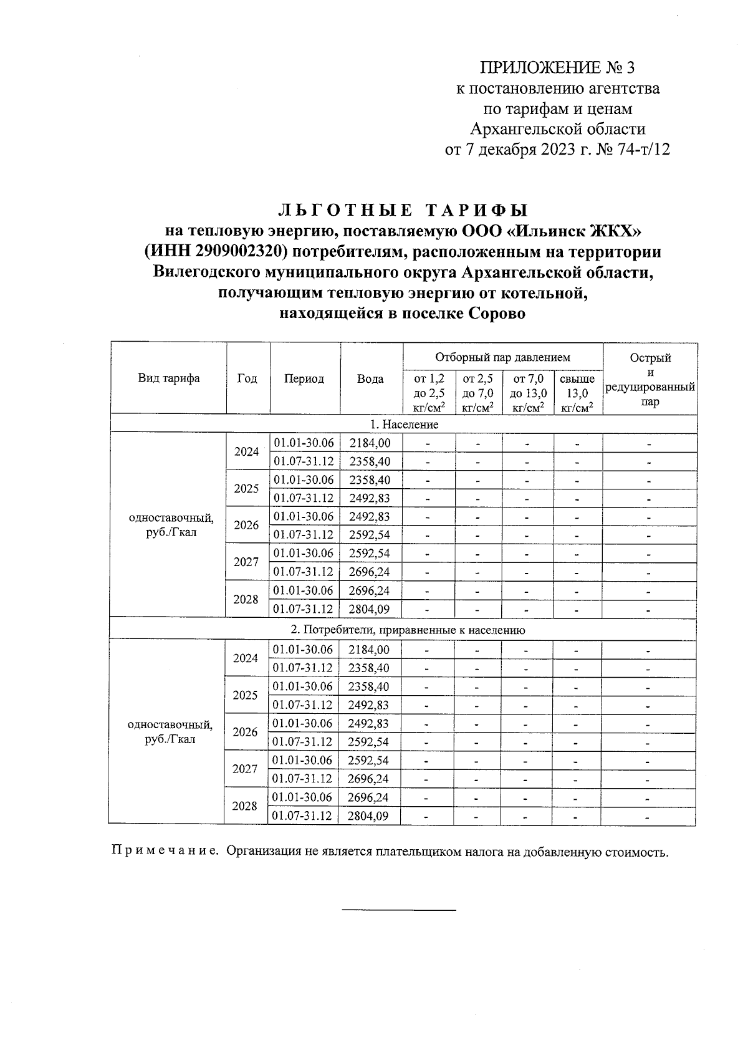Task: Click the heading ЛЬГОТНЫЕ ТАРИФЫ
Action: click(402, 209)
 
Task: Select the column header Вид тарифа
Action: click(168, 378)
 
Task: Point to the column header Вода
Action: click(370, 378)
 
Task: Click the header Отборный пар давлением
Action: click(502, 357)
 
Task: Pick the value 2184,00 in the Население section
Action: click(370, 443)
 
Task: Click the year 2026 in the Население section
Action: click(246, 525)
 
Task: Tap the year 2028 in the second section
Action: click(245, 806)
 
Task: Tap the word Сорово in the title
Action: click(496, 314)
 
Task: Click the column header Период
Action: click(304, 378)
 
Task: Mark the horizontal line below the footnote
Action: click(399, 911)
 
